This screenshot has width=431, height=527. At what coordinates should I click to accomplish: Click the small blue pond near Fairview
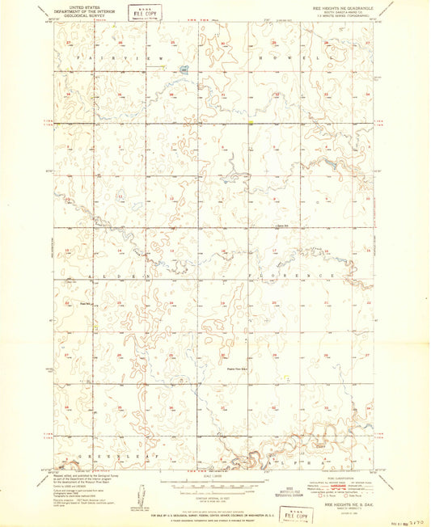click(184, 70)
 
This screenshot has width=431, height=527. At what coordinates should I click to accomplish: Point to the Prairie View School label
click(236, 368)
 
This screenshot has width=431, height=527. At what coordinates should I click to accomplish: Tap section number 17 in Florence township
click(274, 250)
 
